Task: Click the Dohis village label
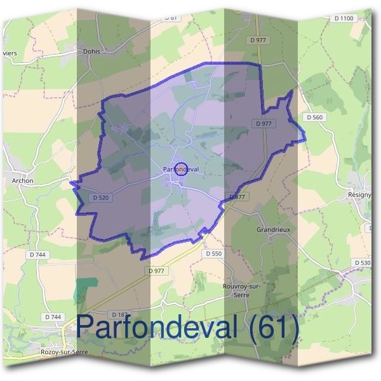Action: pyautogui.click(x=93, y=52)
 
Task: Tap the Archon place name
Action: pyautogui.click(x=22, y=180)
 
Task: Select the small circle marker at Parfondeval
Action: pyautogui.click(x=180, y=168)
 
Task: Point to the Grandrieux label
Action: pyautogui.click(x=274, y=229)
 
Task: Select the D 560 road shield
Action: pyautogui.click(x=314, y=117)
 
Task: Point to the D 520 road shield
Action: pyautogui.click(x=101, y=197)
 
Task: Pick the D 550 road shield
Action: pyautogui.click(x=214, y=253)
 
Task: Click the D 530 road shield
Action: pyautogui.click(x=363, y=262)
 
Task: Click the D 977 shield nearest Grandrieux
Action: pyautogui.click(x=236, y=197)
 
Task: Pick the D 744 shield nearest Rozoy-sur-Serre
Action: pyautogui.click(x=53, y=316)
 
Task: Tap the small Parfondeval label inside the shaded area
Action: pyautogui.click(x=180, y=169)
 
